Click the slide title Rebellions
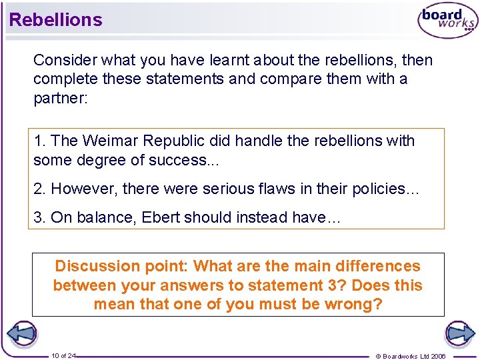pos(56,20)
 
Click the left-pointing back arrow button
pos(21,333)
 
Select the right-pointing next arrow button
pos(459,333)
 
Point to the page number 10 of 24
pos(63,356)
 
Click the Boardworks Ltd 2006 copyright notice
pos(410,356)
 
